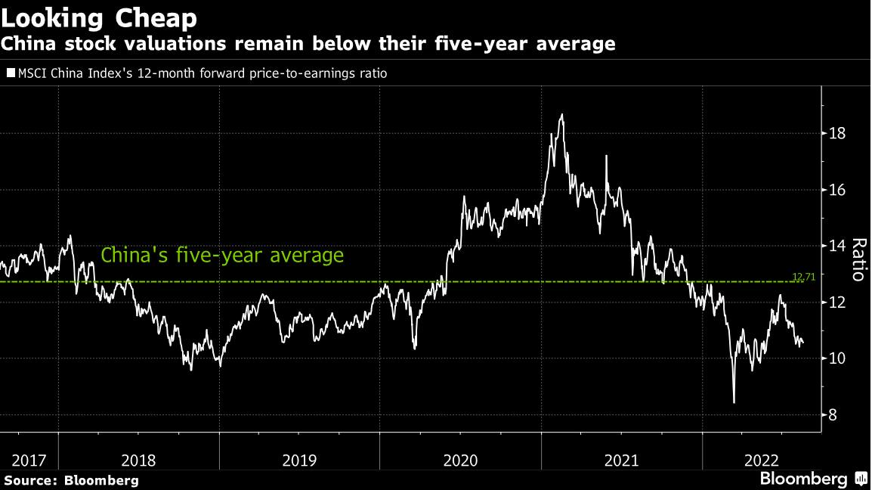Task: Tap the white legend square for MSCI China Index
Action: click(11, 74)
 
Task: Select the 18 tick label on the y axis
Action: click(836, 134)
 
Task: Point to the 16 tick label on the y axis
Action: click(836, 190)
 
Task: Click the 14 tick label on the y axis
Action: click(836, 246)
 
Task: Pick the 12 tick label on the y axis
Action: click(836, 302)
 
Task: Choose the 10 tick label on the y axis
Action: click(836, 358)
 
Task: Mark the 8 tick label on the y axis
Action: click(833, 414)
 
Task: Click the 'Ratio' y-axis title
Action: click(858, 259)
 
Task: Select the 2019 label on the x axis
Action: click(300, 459)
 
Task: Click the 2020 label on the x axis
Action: click(461, 459)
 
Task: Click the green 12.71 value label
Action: click(804, 278)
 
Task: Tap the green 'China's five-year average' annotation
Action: click(222, 256)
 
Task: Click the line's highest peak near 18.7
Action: click(561, 115)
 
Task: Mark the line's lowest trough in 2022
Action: click(734, 402)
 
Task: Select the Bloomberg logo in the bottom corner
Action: click(813, 479)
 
